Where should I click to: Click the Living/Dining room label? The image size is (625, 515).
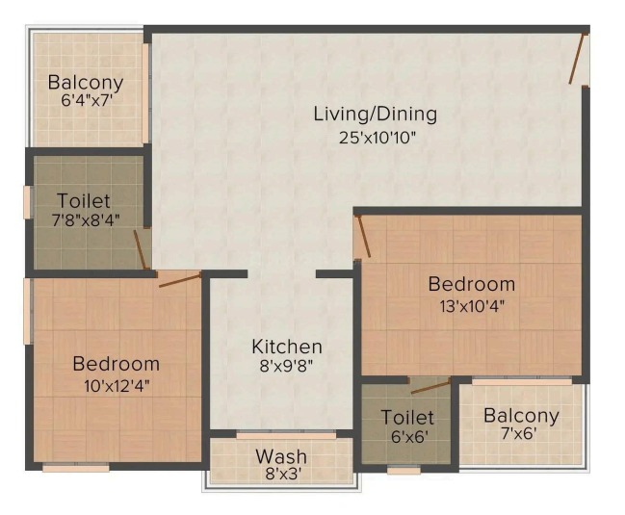tap(375, 114)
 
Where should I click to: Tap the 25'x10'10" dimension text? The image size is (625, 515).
tap(378, 138)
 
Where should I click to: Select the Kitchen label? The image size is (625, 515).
tap(287, 347)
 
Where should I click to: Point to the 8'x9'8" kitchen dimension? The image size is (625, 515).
tap(286, 365)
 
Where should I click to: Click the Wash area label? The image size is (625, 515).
tap(281, 456)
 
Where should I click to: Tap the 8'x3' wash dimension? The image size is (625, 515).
tap(283, 474)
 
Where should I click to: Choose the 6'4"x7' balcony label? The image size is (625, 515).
tap(86, 99)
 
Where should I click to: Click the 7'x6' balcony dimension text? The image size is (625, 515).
tap(518, 433)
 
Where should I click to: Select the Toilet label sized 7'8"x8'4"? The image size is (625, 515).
tap(84, 200)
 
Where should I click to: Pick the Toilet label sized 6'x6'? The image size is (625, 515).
tap(407, 417)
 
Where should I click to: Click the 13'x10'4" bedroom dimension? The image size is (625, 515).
tap(472, 306)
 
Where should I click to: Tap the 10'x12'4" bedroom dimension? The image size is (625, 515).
tap(117, 386)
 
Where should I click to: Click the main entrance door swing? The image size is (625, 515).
tap(578, 59)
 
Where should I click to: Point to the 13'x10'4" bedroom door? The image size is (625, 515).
tap(364, 236)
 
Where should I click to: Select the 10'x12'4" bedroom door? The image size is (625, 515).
tap(180, 279)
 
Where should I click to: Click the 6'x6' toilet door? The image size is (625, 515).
tap(430, 387)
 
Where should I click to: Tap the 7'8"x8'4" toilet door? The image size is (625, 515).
tap(141, 249)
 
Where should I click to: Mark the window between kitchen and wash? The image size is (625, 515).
tap(286, 435)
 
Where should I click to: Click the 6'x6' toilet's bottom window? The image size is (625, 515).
tap(404, 471)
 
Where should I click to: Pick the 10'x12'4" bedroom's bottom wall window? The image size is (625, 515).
tap(76, 468)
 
